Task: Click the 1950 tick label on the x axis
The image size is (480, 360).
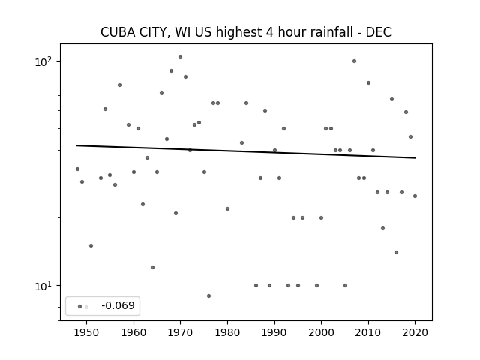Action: pyautogui.click(x=87, y=332)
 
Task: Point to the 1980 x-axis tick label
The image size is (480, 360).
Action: pyautogui.click(x=227, y=332)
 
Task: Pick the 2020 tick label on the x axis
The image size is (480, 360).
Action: pyautogui.click(x=415, y=332)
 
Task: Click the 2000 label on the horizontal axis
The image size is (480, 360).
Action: pyautogui.click(x=321, y=332)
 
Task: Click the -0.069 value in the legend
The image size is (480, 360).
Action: pyautogui.click(x=118, y=305)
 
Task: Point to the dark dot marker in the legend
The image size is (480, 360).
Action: pyautogui.click(x=80, y=307)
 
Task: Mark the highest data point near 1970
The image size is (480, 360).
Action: pyautogui.click(x=180, y=57)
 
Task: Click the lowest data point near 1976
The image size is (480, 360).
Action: pyautogui.click(x=208, y=295)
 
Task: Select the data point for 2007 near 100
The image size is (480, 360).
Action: pyautogui.click(x=354, y=61)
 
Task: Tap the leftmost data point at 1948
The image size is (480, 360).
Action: pyautogui.click(x=77, y=169)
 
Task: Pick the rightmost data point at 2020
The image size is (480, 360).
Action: pyautogui.click(x=415, y=196)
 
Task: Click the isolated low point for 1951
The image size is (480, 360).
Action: pyautogui.click(x=91, y=245)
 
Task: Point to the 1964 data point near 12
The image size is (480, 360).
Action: pyautogui.click(x=152, y=267)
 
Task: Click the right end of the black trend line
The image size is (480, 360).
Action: pyautogui.click(x=415, y=158)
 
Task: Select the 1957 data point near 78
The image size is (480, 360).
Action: pyautogui.click(x=119, y=85)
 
